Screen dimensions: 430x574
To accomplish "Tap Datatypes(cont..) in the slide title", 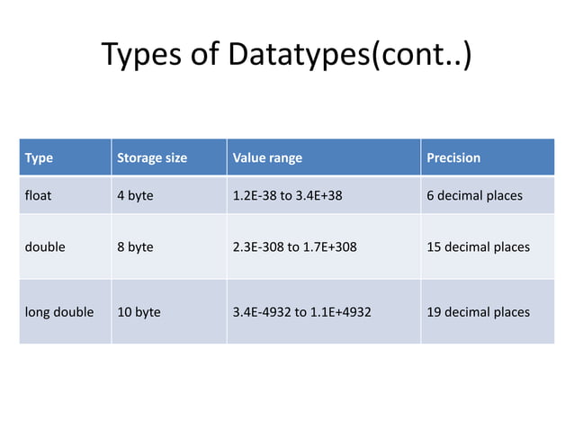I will (348, 55).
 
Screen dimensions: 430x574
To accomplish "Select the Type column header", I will (39, 157).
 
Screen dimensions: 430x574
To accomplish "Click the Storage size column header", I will (152, 157).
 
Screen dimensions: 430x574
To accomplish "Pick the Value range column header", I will (267, 157).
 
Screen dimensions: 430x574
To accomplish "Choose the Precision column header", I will (453, 157).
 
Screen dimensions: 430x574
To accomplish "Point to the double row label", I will (45, 246).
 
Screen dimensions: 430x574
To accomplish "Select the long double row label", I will (59, 312).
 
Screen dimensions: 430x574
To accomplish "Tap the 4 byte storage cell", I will (136, 195).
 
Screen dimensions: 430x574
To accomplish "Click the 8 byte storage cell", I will (136, 246).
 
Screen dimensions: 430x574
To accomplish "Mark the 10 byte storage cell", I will (139, 312).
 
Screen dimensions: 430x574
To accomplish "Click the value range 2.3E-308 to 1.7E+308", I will (294, 246).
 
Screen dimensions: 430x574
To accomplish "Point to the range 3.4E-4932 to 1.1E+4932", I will (301, 312).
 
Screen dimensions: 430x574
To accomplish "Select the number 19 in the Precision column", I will (434, 312).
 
